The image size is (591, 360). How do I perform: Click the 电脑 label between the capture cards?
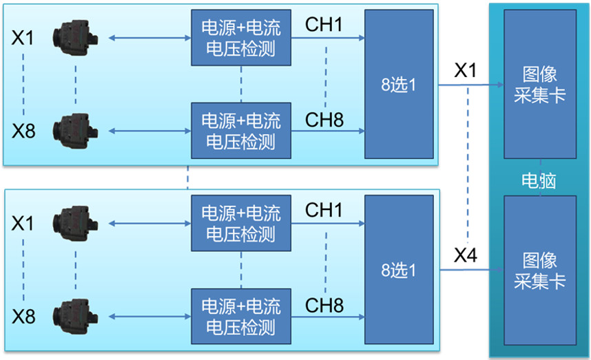[539, 181]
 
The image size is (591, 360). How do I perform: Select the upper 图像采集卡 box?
[539, 84]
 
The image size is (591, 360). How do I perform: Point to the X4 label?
[466, 256]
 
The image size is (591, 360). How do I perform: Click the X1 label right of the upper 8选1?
[466, 70]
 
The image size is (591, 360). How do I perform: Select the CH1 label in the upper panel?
[324, 25]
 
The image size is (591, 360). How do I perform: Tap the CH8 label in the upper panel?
[324, 119]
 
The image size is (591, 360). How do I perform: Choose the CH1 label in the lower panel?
[324, 210]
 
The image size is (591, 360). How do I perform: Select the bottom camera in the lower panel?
[75, 316]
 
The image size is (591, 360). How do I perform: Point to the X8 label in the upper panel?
[23, 131]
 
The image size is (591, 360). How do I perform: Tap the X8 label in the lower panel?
[23, 316]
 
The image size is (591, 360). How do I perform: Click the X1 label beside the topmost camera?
[23, 37]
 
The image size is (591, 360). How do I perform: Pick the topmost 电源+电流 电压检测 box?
[240, 38]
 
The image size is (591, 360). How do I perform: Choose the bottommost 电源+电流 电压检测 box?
[240, 316]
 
